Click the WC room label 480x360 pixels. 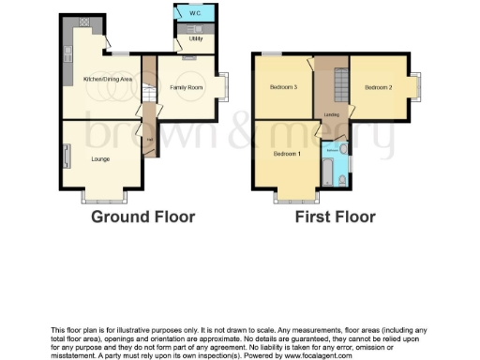pos(193,14)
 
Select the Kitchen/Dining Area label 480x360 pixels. pos(108,80)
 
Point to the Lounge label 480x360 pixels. pos(100,159)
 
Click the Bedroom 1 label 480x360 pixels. pos(287,154)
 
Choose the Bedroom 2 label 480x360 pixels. pos(378,87)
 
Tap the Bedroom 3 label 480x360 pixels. pos(283,87)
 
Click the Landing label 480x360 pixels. pos(331,114)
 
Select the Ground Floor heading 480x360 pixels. pos(142,217)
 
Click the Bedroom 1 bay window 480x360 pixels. pos(287,198)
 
